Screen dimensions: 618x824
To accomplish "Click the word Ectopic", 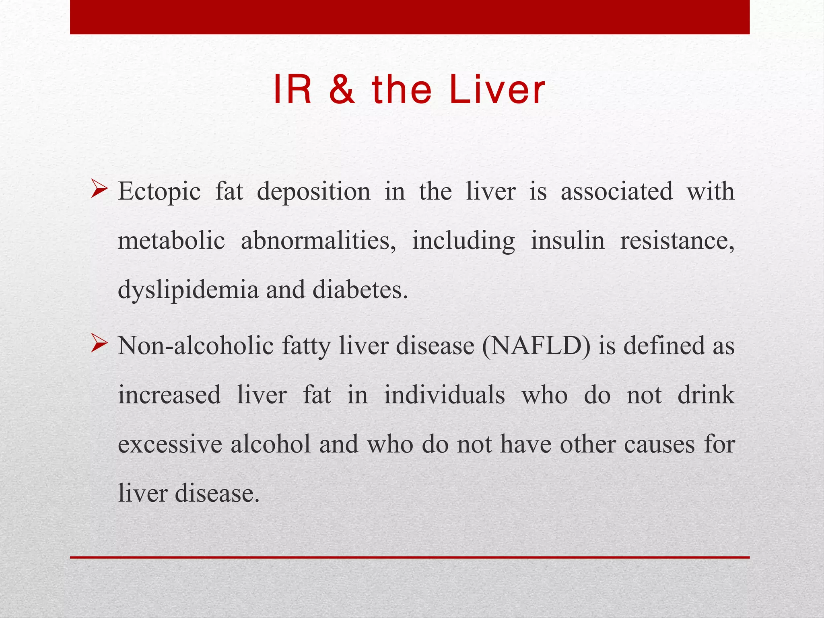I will pos(159,192).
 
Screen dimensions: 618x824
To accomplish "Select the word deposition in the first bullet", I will pos(313,192).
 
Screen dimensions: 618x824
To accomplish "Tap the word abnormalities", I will pos(318,241).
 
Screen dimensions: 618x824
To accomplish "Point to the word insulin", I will pos(567,241).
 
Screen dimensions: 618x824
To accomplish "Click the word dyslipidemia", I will pos(188,290).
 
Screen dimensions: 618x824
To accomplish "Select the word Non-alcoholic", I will pos(196,346).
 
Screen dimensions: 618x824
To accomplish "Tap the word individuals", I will pos(444,395).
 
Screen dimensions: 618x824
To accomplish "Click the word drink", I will pos(706,395).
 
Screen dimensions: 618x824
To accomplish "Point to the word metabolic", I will pos(171,241).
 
